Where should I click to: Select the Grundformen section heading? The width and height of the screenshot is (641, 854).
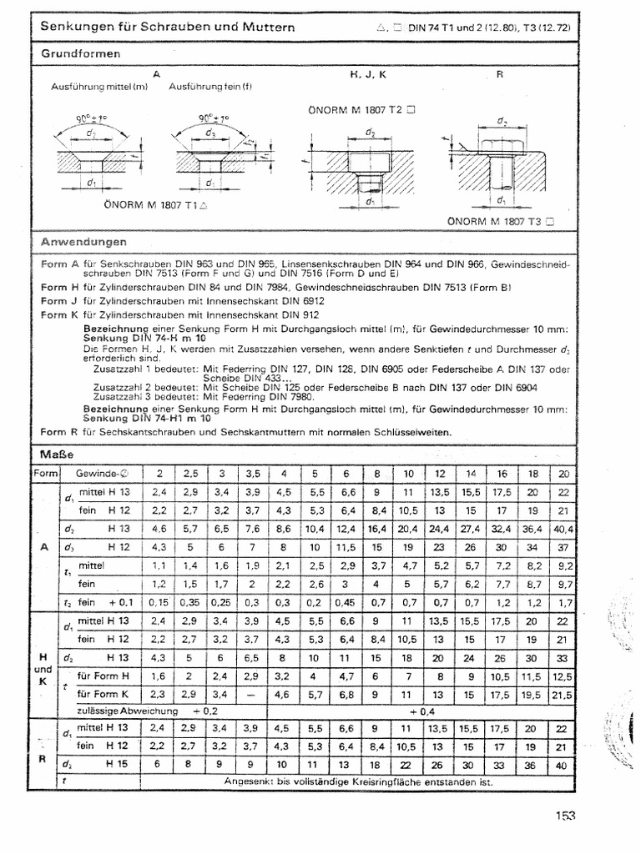tap(81, 53)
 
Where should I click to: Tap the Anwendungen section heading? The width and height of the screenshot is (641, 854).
tap(84, 242)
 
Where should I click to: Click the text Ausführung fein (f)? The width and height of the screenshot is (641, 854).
tap(210, 87)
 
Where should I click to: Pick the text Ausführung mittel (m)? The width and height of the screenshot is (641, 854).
tap(99, 87)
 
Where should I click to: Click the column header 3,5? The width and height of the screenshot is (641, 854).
tap(254, 474)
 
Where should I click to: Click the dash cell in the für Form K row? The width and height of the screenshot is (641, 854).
tap(254, 694)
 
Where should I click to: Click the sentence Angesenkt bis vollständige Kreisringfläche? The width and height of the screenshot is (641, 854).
tap(359, 781)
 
